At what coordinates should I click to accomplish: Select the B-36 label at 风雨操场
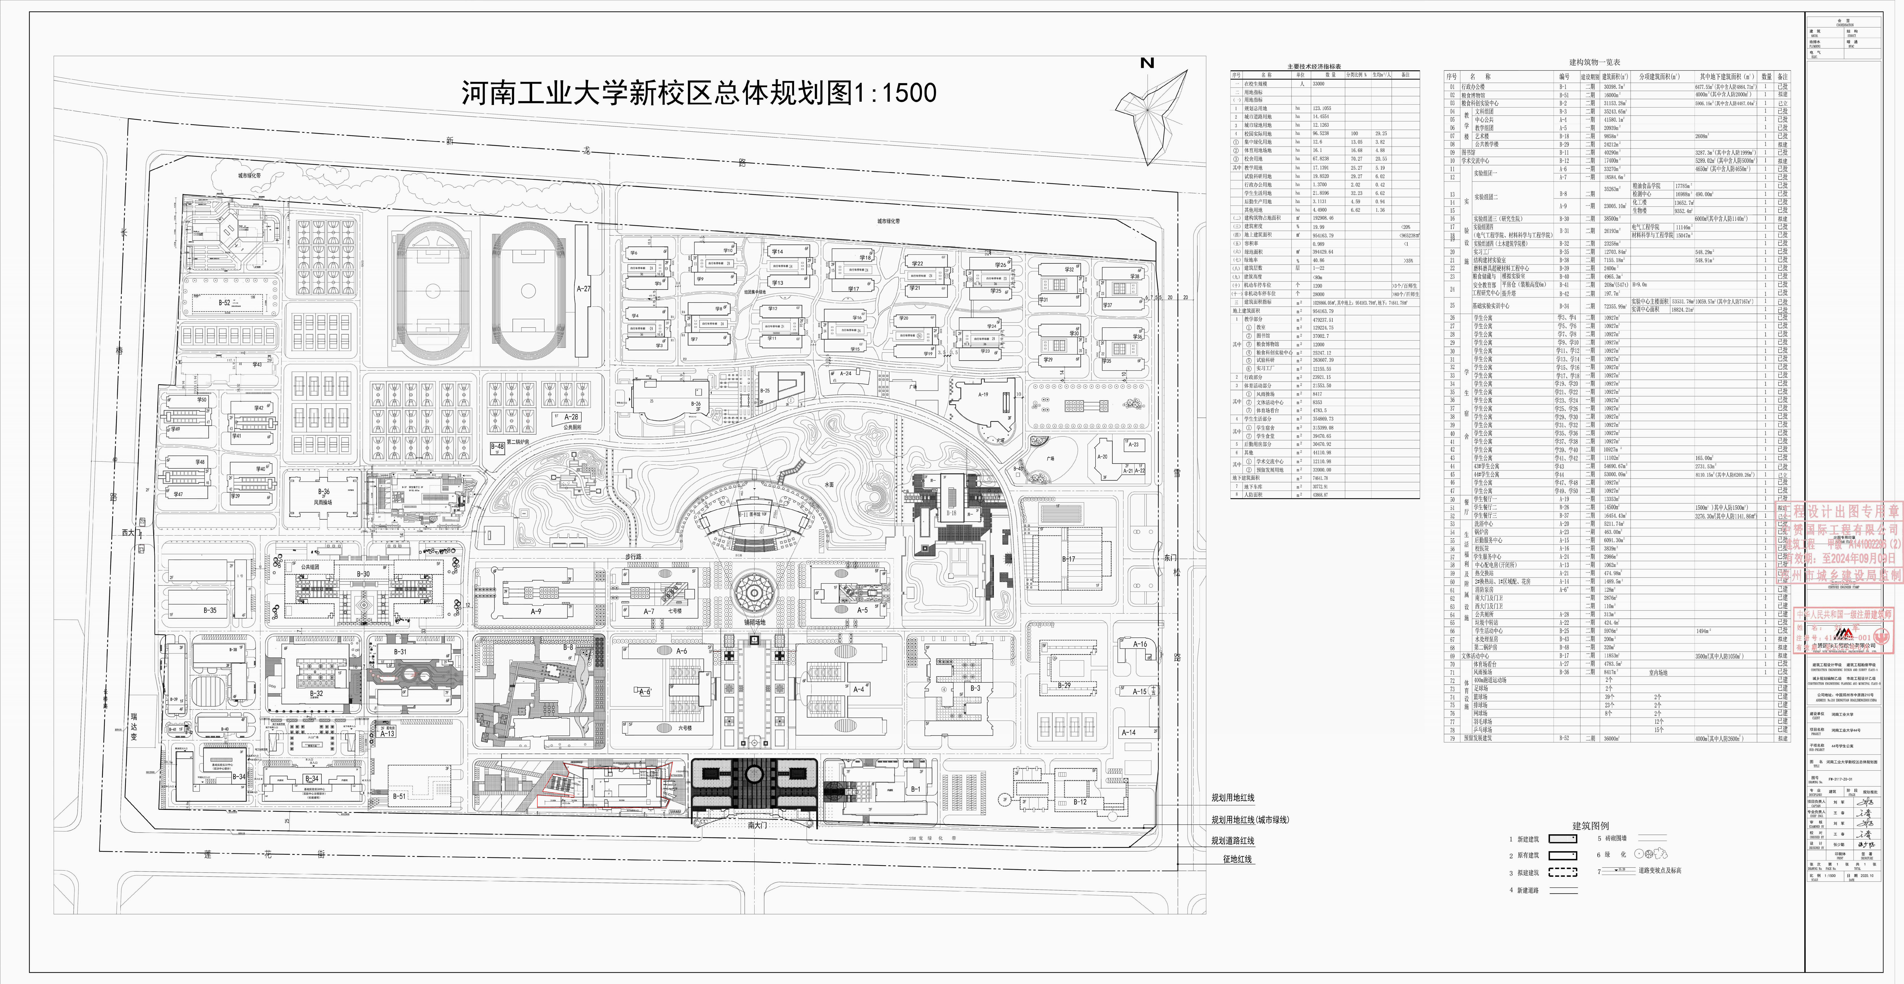(324, 492)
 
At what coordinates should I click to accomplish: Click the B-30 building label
(363, 574)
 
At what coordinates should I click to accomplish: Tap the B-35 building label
(210, 611)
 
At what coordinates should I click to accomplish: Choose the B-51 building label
(399, 796)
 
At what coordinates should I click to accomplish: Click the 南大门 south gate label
(755, 824)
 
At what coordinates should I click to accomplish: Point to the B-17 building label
(1068, 559)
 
